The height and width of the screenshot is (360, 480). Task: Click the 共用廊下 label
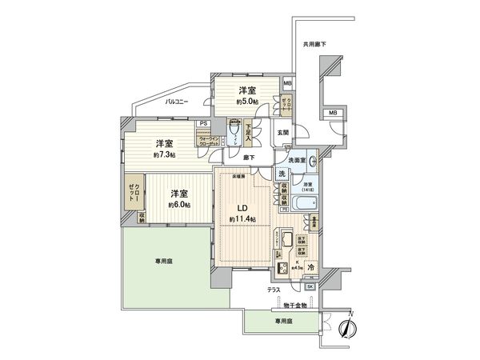point(314,44)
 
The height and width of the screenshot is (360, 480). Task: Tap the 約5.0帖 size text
point(248,102)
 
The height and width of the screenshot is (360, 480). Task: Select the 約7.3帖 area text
point(164,155)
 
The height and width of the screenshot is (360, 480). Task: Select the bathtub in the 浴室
point(300,206)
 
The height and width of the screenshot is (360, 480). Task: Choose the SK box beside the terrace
point(310,286)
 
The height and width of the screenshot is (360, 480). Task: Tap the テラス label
point(273,292)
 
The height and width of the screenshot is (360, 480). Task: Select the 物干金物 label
point(295,305)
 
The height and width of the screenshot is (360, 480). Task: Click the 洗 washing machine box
point(282,174)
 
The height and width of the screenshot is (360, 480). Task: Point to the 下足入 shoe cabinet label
point(249,130)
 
